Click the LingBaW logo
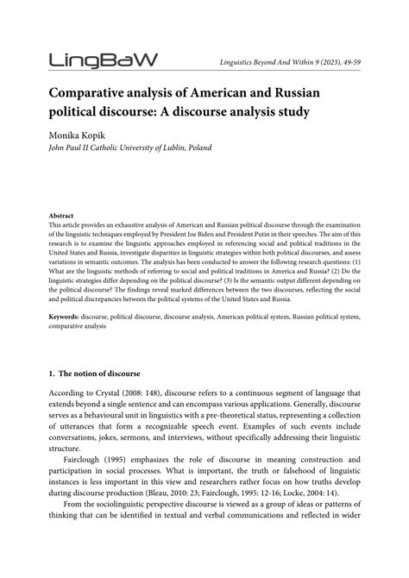coord(104,60)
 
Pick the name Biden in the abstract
coord(231,234)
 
